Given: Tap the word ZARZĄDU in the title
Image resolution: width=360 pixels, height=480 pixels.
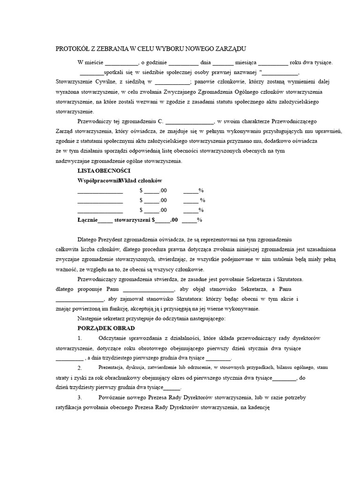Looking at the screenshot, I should coord(230,49).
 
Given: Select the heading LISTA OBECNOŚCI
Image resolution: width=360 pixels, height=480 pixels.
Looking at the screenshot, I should coord(104,171).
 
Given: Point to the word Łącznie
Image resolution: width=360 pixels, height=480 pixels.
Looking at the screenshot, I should coord(88,219).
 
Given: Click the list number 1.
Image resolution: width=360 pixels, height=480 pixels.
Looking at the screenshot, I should coord(80,338).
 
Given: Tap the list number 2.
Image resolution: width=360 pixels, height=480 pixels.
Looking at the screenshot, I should coord(80,367).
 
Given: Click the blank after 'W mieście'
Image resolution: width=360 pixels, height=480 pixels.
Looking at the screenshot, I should coord(120,63).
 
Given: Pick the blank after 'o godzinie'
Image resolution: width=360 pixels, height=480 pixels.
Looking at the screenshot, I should coord(183,63).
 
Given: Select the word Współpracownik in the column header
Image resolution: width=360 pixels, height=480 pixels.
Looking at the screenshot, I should coord(97,180).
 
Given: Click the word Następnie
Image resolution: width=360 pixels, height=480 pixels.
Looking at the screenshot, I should coord(91,319).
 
